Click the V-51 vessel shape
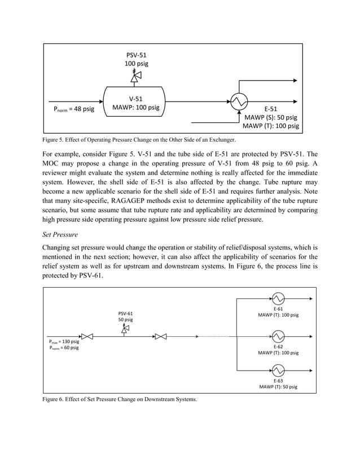coord(135,102)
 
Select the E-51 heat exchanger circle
coord(238,102)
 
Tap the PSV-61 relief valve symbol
coord(126,327)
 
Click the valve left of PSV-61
coord(87,336)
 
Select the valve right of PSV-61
coord(161,336)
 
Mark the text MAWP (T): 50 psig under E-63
coord(278,387)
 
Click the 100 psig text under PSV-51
coord(135,64)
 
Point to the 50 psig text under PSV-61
coord(126,319)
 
